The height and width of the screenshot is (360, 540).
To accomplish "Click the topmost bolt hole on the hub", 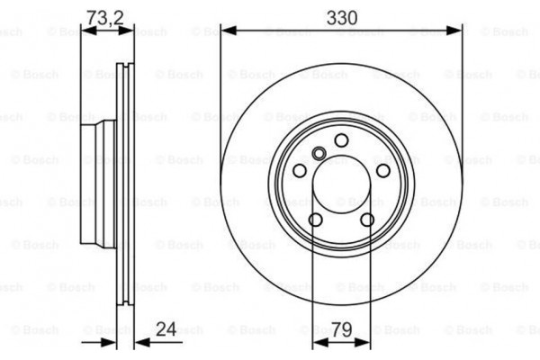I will pyautogui.click(x=341, y=139).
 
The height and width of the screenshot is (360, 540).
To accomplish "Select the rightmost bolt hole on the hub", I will pyautogui.click(x=383, y=171).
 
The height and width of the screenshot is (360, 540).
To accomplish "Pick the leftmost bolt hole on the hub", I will pyautogui.click(x=300, y=171).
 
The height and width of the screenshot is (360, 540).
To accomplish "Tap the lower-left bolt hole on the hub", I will pyautogui.click(x=315, y=220).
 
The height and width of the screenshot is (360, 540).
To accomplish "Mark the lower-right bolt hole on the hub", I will pyautogui.click(x=367, y=220).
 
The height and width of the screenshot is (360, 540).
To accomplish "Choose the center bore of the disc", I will pyautogui.click(x=341, y=184).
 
